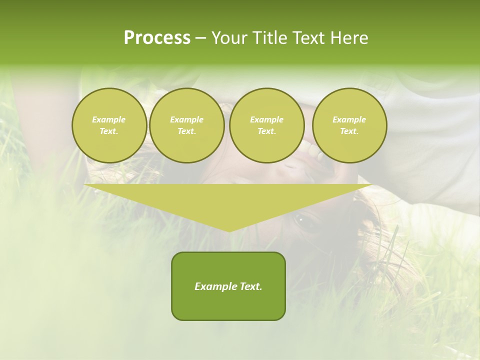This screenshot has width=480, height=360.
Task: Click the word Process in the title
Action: click(x=157, y=38)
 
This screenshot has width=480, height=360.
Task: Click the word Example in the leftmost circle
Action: click(x=109, y=119)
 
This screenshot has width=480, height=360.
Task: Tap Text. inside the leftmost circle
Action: click(x=109, y=131)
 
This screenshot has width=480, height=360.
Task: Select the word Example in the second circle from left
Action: click(x=186, y=119)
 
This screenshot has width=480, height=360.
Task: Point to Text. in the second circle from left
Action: click(x=186, y=131)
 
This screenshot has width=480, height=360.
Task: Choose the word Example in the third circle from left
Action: click(x=266, y=119)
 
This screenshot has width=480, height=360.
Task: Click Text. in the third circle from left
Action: click(x=266, y=131)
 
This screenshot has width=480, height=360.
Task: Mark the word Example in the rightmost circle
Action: click(x=349, y=119)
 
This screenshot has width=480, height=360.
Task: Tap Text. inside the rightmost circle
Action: click(x=349, y=131)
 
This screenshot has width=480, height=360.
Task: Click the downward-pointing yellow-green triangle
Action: click(x=228, y=200)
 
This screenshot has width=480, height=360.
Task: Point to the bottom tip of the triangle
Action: click(x=229, y=230)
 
